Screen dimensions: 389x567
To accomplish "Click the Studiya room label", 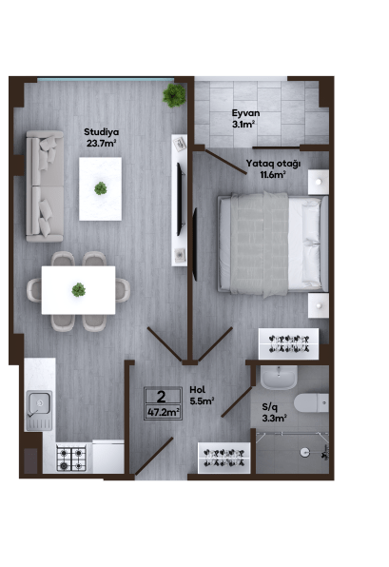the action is pos(101,132).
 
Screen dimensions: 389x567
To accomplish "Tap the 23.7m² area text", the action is pos(101,144).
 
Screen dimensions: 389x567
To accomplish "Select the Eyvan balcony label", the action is pos(245,113).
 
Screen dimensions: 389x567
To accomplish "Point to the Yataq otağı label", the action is pos(273,164).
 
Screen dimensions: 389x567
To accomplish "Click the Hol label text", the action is pos(198,389).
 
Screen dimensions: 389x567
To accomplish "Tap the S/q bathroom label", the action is pos(270,407).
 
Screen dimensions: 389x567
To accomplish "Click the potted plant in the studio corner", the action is pos(174,95).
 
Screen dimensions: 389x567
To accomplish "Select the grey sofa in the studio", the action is pos(45,186).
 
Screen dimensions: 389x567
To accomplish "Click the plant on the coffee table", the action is pos(101,188).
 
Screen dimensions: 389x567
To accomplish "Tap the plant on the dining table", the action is pos(78,289).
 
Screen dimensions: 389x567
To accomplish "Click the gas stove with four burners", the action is pos(71,459).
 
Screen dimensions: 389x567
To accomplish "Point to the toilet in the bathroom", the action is pos(311,402).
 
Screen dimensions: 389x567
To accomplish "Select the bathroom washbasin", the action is pos(279,378).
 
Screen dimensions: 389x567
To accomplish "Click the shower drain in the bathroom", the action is pos(305,451).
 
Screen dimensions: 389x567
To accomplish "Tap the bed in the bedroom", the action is pos(273,244).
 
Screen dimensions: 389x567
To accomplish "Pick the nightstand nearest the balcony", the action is pos(319,182).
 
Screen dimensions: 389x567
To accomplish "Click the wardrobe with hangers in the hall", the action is pos(224,458).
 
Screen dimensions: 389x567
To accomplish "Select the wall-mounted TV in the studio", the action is pos(180,199).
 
